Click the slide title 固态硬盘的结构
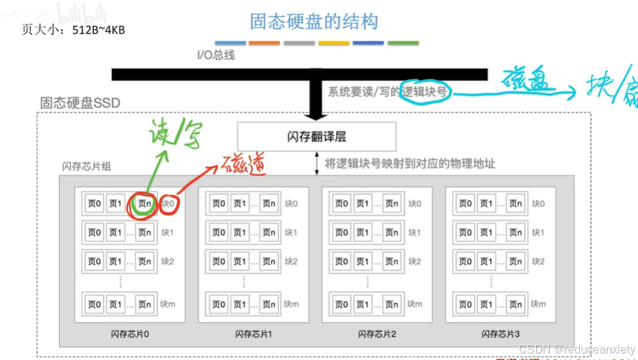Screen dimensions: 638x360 (313, 22)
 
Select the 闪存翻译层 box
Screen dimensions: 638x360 (316, 136)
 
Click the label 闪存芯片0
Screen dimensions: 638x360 (130, 333)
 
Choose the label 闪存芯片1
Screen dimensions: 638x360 (254, 333)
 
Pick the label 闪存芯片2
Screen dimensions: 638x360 (377, 333)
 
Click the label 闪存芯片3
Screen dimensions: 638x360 (500, 333)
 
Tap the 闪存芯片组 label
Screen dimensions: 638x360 (86, 166)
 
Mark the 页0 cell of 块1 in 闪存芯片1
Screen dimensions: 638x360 (218, 232)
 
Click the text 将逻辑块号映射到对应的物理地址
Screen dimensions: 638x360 (409, 164)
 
